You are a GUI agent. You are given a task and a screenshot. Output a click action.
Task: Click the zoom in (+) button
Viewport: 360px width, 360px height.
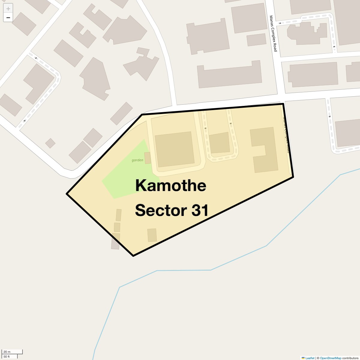[8, 9]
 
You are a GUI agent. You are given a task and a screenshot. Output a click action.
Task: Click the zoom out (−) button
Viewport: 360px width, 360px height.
[8, 18]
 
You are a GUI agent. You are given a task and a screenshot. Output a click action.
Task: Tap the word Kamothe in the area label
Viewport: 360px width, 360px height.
[170, 185]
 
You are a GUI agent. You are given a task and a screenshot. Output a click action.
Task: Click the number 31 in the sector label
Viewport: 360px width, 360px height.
[200, 210]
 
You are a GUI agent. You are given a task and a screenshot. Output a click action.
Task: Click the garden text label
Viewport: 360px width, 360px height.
[137, 160]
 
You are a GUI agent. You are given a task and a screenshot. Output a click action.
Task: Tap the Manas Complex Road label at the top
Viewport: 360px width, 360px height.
[273, 34]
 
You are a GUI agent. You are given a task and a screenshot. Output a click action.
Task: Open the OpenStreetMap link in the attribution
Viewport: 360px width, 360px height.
[330, 358]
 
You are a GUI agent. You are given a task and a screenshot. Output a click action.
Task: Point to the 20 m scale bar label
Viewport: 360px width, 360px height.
[7, 352]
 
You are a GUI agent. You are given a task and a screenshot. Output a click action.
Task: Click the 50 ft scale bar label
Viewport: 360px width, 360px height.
[7, 356]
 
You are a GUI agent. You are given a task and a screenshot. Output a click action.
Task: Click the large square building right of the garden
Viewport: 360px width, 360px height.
[174, 149]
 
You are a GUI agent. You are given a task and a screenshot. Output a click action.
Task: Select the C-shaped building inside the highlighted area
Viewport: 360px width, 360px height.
[264, 150]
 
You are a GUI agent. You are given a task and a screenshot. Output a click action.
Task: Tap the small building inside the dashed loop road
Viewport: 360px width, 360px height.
[219, 143]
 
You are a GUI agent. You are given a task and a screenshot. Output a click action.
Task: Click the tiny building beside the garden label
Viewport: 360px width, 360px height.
[148, 157]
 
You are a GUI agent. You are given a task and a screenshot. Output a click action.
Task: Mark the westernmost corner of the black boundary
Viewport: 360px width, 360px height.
[67, 194]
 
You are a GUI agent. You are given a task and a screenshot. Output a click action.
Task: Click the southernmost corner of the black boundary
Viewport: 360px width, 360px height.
[133, 256]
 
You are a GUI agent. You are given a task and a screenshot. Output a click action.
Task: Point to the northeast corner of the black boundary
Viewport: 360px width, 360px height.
[283, 104]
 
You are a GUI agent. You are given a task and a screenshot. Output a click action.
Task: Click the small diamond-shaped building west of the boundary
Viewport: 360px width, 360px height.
[50, 143]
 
